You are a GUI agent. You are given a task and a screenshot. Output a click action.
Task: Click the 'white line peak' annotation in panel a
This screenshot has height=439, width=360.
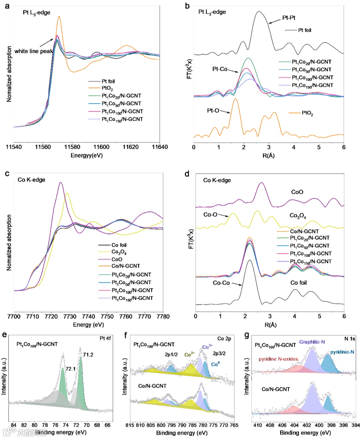coord(33,51)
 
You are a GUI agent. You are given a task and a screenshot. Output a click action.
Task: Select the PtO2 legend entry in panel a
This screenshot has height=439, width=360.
coord(107,88)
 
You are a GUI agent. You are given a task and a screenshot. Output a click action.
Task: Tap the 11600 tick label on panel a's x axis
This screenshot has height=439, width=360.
coord(101,147)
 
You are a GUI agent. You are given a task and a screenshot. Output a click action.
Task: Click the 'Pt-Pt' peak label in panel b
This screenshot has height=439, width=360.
coord(289,18)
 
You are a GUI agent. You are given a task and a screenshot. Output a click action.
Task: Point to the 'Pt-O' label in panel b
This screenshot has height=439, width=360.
coord(213,110)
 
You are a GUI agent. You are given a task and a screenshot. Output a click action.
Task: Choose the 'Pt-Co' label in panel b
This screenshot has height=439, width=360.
coord(220,69)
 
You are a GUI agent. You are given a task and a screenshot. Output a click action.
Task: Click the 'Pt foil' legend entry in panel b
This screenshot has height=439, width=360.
coord(304,30)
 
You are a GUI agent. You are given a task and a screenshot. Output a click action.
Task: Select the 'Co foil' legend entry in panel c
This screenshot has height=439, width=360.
coord(119,245)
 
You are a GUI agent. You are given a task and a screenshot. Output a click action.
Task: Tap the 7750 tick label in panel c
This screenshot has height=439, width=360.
coord(107,316)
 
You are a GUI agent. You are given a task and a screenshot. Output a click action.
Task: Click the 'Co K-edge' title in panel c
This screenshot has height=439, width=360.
coord(31,180)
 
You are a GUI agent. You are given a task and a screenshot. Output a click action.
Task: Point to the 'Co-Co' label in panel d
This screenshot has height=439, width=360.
coord(221,283)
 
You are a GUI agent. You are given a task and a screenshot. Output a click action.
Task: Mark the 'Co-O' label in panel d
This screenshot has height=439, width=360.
coord(210,215)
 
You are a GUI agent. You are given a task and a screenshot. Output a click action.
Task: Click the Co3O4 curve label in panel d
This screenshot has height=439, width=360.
coord(298,216)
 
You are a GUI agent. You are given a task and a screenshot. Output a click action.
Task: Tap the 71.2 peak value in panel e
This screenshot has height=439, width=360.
coord(88,355)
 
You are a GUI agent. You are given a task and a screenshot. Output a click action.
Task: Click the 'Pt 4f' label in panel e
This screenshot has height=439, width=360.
coord(105,338)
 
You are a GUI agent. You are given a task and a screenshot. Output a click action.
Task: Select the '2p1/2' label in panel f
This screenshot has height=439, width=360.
coord(171,354)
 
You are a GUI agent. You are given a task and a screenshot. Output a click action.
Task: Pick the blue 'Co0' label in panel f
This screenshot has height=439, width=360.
coord(215,364)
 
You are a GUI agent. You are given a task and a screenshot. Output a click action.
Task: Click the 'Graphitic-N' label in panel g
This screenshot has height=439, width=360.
coord(312,342)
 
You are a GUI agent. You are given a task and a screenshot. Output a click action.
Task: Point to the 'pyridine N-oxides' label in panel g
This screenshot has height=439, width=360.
coord(278,359)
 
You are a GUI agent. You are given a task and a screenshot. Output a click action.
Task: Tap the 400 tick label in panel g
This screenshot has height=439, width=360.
coord(319,425)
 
